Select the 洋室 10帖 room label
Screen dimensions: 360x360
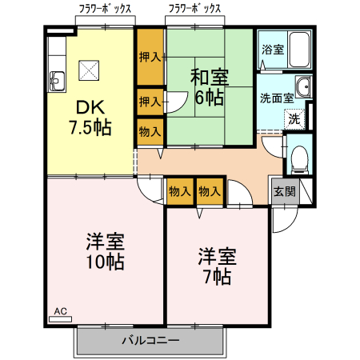[103, 251]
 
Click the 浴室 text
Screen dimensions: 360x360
[272, 49]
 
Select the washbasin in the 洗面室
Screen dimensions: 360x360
[303, 87]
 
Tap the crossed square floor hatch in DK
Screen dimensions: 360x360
[86, 70]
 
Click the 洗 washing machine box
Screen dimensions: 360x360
[294, 118]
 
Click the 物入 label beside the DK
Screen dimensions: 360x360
[149, 130]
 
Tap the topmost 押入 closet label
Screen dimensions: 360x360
[149, 58]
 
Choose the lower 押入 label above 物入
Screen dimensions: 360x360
[149, 102]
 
